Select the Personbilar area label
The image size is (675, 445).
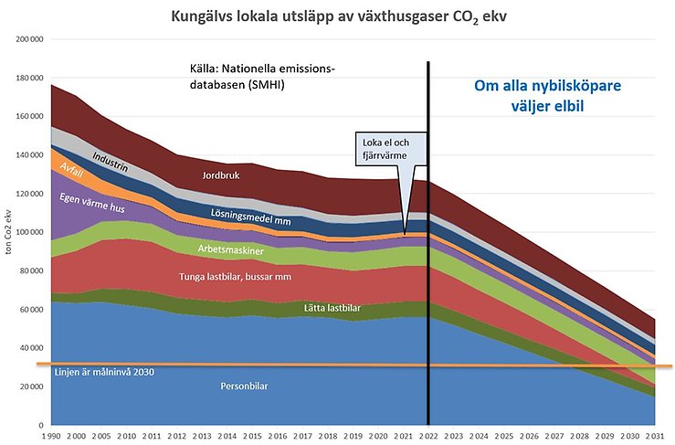(x=246, y=387)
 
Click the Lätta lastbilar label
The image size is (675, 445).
(x=334, y=309)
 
